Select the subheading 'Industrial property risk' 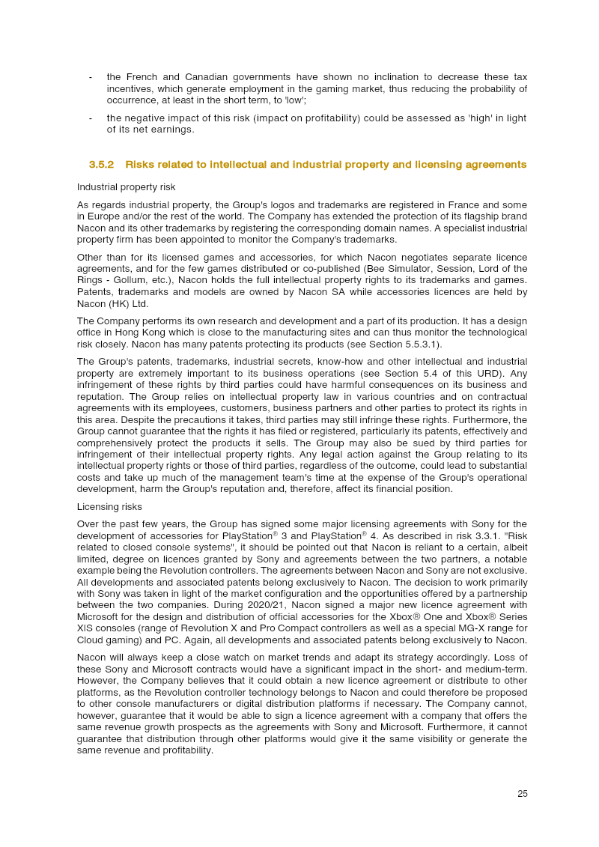126,186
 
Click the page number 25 522,794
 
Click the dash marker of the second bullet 91,118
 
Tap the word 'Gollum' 130,280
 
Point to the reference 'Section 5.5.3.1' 403,344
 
